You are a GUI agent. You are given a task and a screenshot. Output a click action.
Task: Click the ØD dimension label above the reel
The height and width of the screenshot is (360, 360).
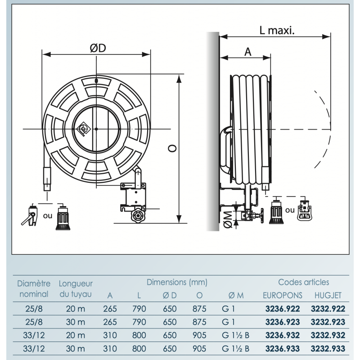[98, 48]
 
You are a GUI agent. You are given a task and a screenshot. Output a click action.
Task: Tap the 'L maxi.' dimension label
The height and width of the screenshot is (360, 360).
[277, 30]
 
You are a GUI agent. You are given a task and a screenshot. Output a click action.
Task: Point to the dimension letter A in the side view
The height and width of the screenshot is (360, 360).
[248, 52]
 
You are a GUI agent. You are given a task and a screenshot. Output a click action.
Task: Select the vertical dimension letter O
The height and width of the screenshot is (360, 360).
[172, 148]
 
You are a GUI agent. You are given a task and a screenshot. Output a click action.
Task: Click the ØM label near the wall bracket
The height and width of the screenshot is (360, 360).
[228, 220]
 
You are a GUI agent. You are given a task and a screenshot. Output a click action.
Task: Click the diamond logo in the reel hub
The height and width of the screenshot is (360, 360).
[83, 129]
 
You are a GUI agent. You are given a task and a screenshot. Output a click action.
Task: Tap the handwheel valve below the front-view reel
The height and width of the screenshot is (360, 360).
[138, 216]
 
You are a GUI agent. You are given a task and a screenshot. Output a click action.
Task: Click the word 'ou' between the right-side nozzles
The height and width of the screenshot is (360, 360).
[290, 210]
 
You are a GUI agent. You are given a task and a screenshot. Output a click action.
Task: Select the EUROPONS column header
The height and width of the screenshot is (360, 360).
[283, 295]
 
